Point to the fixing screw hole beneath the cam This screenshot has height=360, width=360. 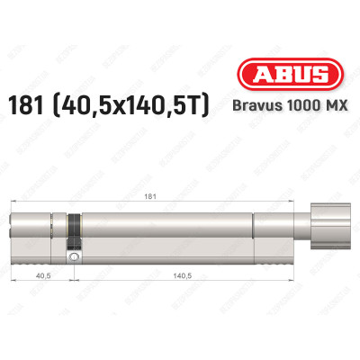coord(76,258)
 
